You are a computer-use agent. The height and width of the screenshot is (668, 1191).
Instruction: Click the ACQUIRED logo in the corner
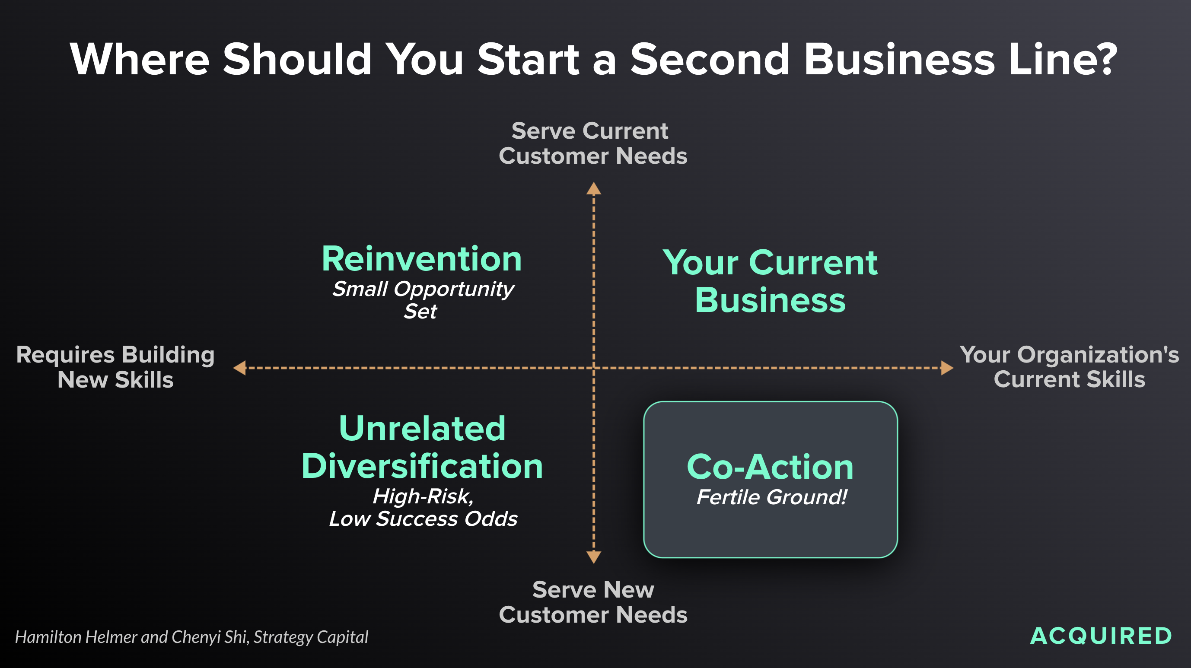pos(1101,636)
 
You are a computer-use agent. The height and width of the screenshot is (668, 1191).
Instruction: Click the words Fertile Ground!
pos(772,497)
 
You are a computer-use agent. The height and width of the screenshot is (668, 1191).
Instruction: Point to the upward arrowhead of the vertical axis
pos(594,188)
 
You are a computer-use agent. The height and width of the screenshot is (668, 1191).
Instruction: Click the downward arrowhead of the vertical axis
pos(594,557)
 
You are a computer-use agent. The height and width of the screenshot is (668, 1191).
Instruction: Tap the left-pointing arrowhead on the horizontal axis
pos(239,368)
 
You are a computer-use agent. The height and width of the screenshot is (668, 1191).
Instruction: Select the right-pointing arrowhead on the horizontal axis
pos(947,368)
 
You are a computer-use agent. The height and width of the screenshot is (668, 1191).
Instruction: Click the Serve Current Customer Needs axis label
pos(593,143)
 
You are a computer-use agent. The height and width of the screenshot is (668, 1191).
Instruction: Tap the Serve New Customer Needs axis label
pos(593,602)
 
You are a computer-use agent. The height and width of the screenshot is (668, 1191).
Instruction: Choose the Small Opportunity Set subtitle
pos(422,299)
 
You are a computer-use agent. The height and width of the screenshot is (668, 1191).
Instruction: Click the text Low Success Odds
pos(423,518)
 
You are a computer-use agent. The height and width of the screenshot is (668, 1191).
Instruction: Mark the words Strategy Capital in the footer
pos(311,637)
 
